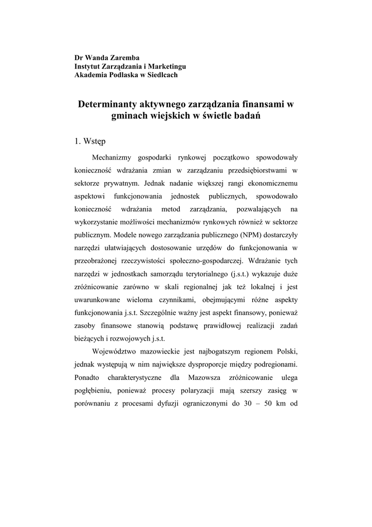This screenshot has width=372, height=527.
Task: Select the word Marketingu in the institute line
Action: pos(165,66)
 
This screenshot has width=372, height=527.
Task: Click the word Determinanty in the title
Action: pos(106,104)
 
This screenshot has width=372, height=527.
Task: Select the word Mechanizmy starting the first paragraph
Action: pos(113,156)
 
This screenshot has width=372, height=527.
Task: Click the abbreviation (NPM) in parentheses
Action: pos(251,235)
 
